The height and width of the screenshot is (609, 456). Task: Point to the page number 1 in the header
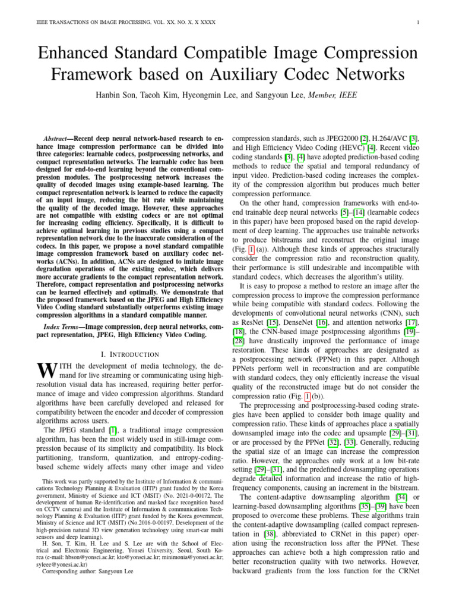[419, 23]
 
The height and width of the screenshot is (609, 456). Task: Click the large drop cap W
[46, 372]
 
